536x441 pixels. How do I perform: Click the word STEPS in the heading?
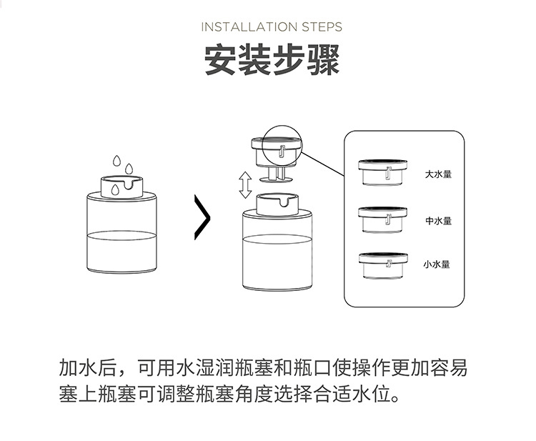point(319,27)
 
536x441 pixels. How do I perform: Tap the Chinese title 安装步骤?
point(272,61)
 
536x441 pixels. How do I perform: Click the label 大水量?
point(438,174)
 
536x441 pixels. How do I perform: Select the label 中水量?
point(438,221)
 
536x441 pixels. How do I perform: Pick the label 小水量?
point(436,264)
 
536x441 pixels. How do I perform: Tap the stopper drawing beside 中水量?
point(383,219)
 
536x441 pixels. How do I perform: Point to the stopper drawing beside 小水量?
point(383,264)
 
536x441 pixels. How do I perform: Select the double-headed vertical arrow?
point(245,184)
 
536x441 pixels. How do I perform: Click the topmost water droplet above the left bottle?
point(117,159)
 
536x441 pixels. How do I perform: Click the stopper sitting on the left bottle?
point(120,187)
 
